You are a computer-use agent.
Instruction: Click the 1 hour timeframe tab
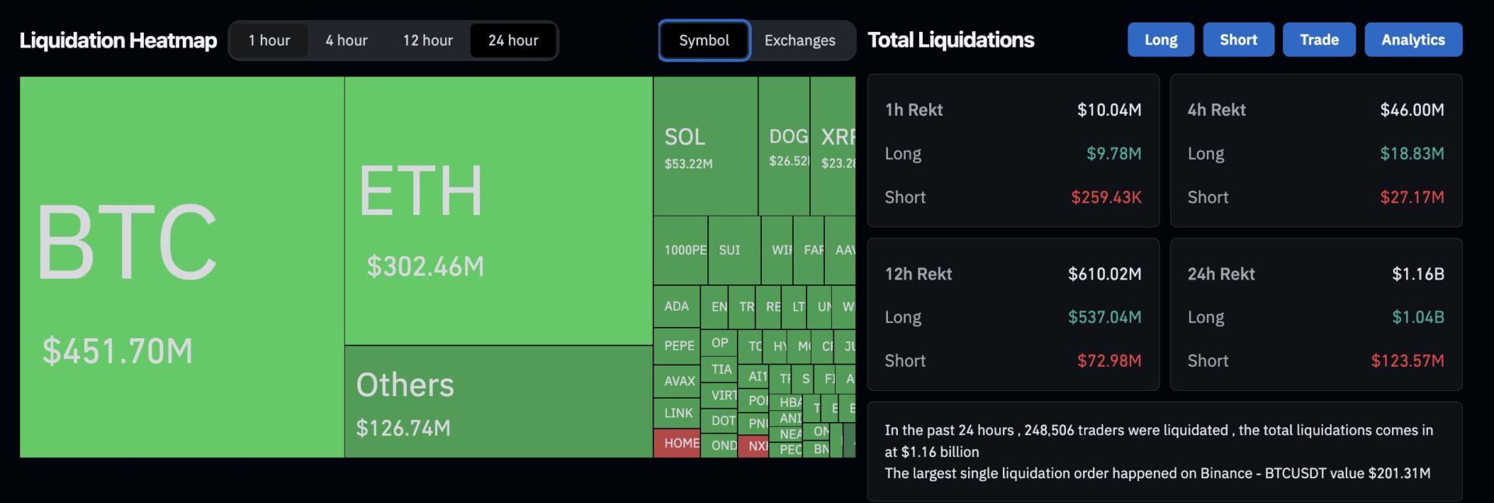(x=269, y=40)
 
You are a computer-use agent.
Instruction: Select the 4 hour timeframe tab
(x=346, y=40)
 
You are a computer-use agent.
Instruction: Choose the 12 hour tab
(x=427, y=40)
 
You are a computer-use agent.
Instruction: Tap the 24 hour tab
(x=513, y=40)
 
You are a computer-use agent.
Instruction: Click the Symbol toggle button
(x=704, y=40)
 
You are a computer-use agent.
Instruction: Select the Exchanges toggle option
(x=800, y=40)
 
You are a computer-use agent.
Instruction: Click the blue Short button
(x=1238, y=40)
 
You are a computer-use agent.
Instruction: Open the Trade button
(x=1319, y=40)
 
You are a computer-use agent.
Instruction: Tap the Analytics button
(x=1413, y=40)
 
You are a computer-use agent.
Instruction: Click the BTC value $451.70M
(x=117, y=351)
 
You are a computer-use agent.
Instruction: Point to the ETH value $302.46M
(x=425, y=266)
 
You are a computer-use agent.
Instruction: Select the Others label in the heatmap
(x=405, y=385)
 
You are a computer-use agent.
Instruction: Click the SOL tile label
(x=685, y=137)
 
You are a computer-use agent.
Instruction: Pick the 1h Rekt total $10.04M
(x=1109, y=110)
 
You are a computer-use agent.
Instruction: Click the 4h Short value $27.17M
(x=1412, y=197)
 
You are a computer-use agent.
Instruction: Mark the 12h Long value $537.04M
(x=1104, y=317)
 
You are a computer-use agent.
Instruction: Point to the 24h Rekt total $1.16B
(x=1418, y=274)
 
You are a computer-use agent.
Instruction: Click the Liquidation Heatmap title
(x=118, y=40)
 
